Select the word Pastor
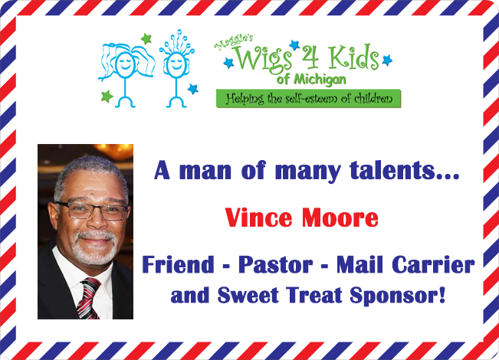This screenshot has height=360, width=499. pyautogui.click(x=276, y=264)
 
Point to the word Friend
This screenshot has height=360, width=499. pyautogui.click(x=178, y=264)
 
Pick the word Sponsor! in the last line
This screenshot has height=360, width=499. pyautogui.click(x=398, y=296)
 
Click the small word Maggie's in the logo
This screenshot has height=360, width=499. pyautogui.click(x=234, y=42)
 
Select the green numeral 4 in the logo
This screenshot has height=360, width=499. pyautogui.click(x=310, y=57)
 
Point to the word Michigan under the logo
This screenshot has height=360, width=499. pyautogui.click(x=320, y=80)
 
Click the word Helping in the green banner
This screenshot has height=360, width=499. pyautogui.click(x=245, y=99)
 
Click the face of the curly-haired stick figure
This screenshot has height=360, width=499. pyautogui.click(x=176, y=63)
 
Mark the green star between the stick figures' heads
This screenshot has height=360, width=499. pyautogui.click(x=146, y=39)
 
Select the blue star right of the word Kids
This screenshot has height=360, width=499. pyautogui.click(x=387, y=60)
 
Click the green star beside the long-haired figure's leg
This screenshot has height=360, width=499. pyautogui.click(x=107, y=96)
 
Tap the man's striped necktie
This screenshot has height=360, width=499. pyautogui.click(x=89, y=298)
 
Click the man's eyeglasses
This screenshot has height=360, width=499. pyautogui.click(x=92, y=210)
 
